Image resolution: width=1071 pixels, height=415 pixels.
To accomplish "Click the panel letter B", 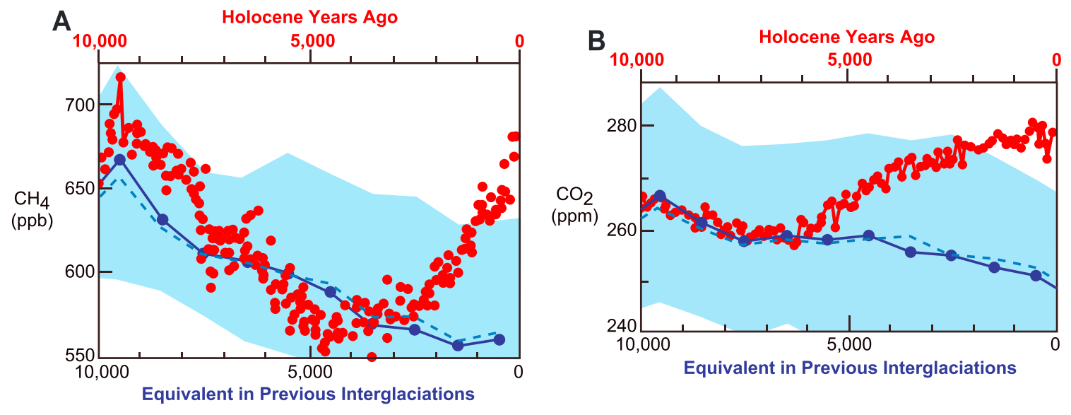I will point(596,42).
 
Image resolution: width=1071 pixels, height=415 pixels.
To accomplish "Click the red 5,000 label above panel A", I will point(312,41).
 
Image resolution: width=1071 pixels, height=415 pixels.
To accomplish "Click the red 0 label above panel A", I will point(520,41).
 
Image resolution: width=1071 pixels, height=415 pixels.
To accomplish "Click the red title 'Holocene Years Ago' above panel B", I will point(847,37).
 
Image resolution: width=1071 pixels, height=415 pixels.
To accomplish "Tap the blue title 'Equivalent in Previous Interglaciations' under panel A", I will point(308,393).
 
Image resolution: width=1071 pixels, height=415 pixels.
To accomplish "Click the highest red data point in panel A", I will point(120,77).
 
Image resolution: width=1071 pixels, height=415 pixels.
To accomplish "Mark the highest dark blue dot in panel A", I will point(120,160).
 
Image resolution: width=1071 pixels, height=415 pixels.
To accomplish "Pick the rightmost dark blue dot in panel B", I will point(1036,276).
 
